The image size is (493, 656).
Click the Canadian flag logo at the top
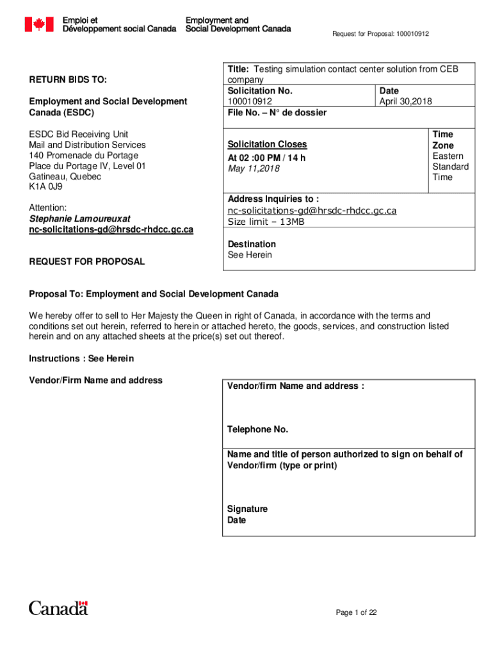coord(38,24)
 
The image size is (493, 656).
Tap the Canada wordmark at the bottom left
coord(58,607)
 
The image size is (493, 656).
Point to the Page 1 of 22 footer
coord(356,612)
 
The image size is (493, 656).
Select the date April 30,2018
coord(405,101)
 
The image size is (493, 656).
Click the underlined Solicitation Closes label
coord(267,145)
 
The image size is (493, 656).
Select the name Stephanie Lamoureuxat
coord(79,218)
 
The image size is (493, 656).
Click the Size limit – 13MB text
coord(266,222)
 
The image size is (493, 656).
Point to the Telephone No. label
coord(257,429)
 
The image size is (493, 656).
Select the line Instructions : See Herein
coord(81,358)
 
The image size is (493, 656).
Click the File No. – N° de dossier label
coord(277,113)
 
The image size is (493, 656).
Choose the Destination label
coord(252,244)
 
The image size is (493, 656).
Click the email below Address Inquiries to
coord(312,211)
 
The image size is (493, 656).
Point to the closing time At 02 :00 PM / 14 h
coord(267,158)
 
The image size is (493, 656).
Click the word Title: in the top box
coord(239,69)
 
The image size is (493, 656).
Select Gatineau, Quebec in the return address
coord(65,176)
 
